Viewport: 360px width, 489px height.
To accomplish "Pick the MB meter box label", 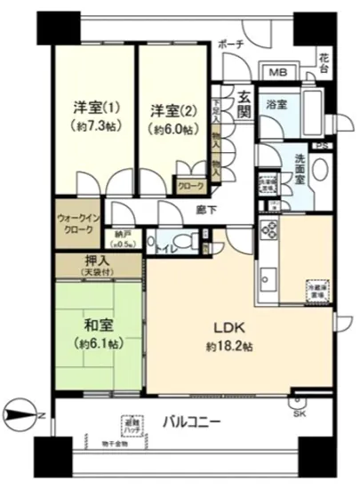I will (277, 73).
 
